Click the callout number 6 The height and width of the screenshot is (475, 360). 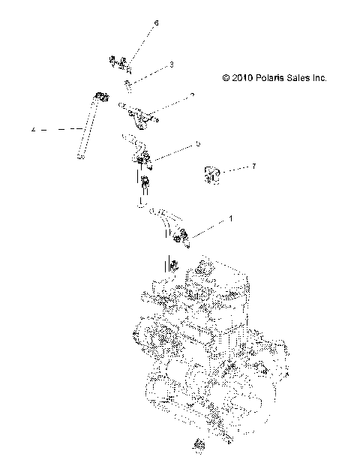pyautogui.click(x=156, y=24)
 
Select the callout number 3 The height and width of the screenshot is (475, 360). pyautogui.click(x=171, y=65)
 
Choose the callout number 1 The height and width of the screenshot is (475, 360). pyautogui.click(x=230, y=219)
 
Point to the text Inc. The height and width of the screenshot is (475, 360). pyautogui.click(x=322, y=77)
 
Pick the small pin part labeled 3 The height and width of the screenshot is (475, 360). pyautogui.click(x=128, y=83)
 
